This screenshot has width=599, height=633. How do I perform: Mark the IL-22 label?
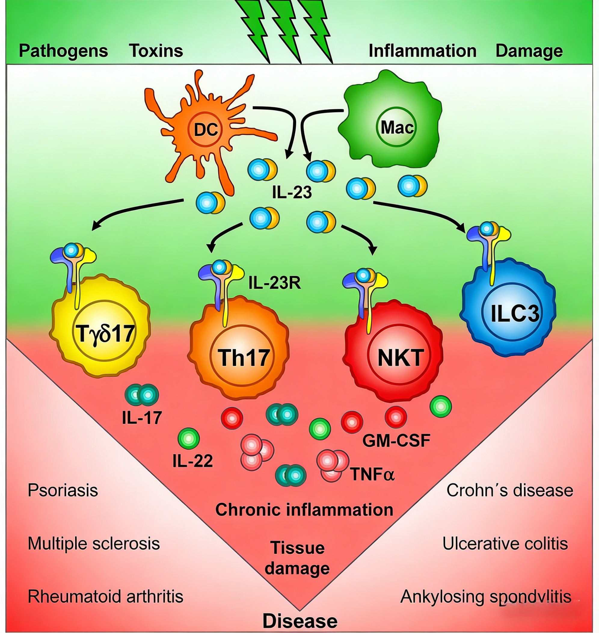click(192, 461)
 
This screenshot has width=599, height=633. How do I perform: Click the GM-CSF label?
click(396, 440)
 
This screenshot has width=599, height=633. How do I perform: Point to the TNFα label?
click(373, 474)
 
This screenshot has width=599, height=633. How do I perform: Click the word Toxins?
click(156, 51)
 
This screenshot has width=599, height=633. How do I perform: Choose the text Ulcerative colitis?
click(505, 544)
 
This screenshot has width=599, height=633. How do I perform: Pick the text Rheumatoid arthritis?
click(106, 596)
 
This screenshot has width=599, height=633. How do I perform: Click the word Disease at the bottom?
click(300, 621)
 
